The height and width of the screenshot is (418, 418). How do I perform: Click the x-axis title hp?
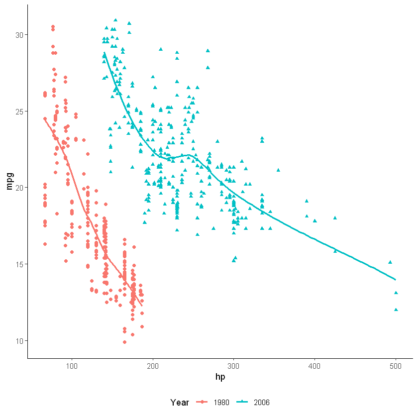coord(220,377)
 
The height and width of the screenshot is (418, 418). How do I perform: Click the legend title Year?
coord(179,402)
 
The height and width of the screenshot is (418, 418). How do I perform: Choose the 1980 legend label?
coord(221,402)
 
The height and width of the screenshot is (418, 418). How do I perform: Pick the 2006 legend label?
coord(262,402)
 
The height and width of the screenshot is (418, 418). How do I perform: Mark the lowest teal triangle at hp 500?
coord(396,310)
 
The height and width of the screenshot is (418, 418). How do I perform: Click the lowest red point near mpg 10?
coord(124,342)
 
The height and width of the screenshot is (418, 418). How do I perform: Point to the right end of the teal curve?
coord(396,280)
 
